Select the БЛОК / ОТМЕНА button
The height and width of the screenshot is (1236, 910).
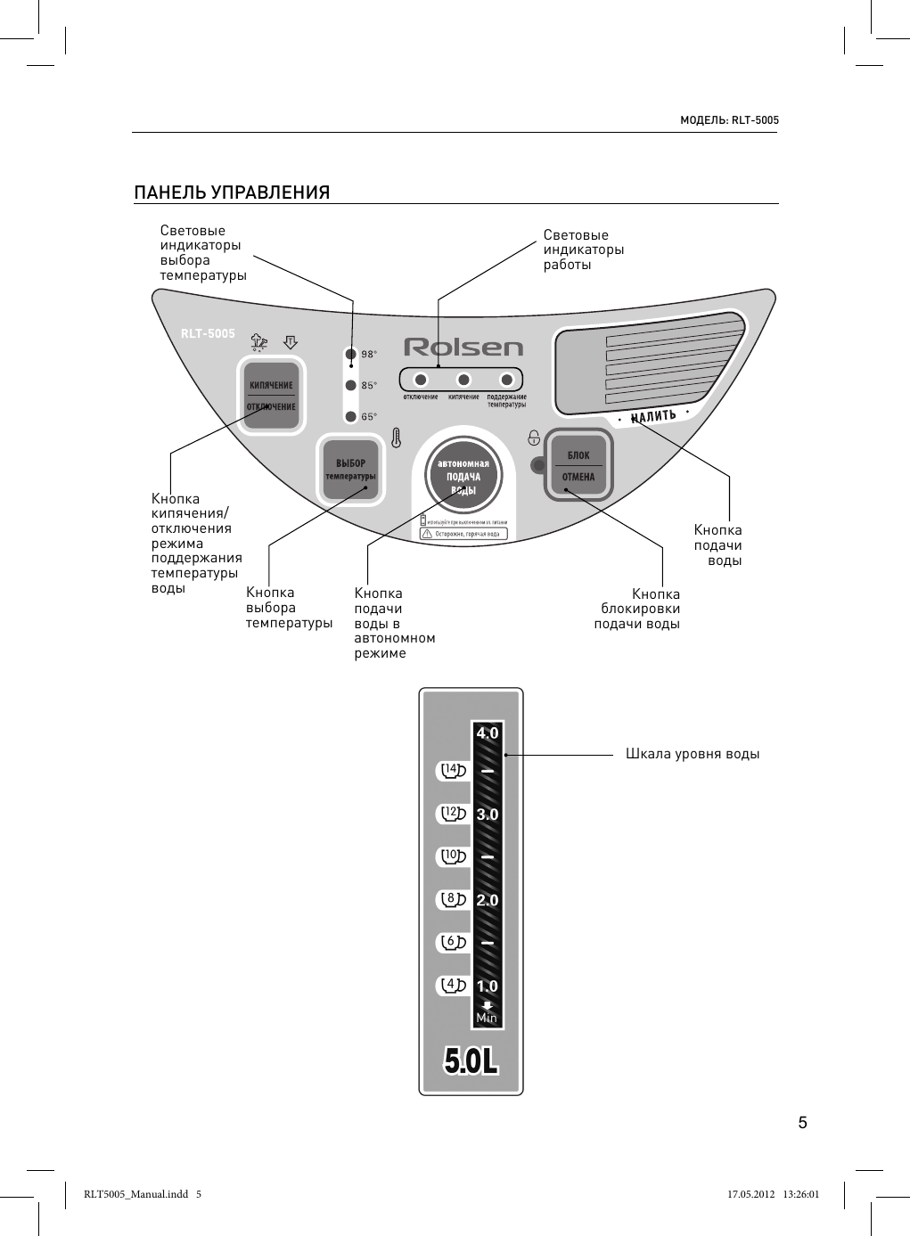pyautogui.click(x=578, y=466)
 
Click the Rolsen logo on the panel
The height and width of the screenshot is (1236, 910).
pyautogui.click(x=463, y=347)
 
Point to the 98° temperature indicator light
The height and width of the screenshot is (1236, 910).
pyautogui.click(x=351, y=354)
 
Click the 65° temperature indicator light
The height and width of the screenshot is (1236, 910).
pyautogui.click(x=351, y=416)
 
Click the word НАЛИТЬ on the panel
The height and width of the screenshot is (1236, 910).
pyautogui.click(x=653, y=416)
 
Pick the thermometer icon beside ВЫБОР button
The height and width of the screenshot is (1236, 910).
pyautogui.click(x=396, y=438)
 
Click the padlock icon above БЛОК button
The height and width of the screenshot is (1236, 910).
pyautogui.click(x=534, y=437)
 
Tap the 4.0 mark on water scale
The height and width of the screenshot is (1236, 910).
pyautogui.click(x=488, y=733)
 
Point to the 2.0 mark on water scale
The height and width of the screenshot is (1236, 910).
pyautogui.click(x=488, y=900)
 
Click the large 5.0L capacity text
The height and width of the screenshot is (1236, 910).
pyautogui.click(x=471, y=1060)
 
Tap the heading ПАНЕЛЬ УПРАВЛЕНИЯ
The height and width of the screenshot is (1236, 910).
pyautogui.click(x=232, y=192)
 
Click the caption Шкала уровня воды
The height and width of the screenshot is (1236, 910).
pyautogui.click(x=693, y=754)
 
